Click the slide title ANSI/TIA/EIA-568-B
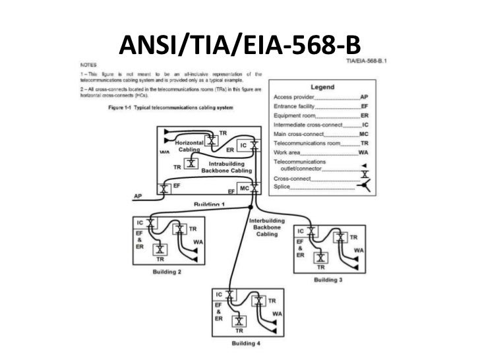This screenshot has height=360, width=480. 241,43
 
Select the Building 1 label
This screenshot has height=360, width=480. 210,205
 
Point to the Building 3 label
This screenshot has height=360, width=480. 328,280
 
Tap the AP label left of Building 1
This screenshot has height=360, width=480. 138,196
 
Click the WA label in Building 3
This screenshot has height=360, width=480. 359,251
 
